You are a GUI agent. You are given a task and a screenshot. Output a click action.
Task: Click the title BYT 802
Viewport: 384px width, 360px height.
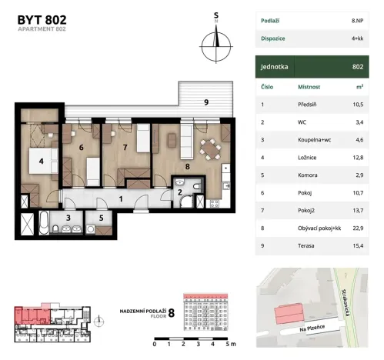point(37,18)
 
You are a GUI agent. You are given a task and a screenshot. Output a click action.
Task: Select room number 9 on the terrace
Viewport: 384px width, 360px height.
point(205,102)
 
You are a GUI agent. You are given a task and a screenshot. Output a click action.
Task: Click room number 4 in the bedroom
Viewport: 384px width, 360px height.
point(32,161)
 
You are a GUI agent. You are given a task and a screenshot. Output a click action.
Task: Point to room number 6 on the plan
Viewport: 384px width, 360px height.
point(81,147)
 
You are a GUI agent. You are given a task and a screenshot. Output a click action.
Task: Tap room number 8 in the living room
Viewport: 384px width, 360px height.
point(186,165)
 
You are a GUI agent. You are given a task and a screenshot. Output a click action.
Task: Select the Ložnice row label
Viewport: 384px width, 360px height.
point(309,158)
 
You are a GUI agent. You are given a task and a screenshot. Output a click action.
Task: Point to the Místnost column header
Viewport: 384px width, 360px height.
point(309,87)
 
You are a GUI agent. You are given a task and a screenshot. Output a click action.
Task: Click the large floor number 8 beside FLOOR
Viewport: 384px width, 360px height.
point(171,312)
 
